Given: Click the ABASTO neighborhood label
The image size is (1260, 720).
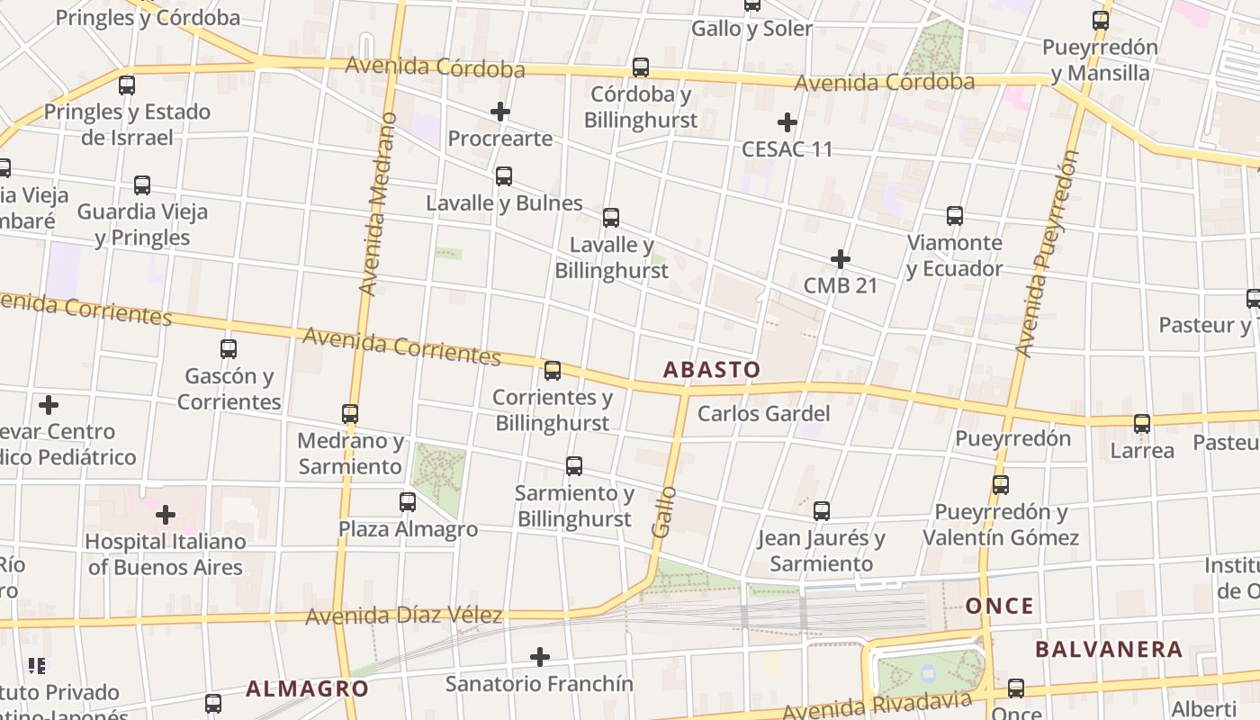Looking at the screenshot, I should tap(711, 370).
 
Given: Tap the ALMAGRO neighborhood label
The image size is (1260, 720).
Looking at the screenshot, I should tap(307, 689).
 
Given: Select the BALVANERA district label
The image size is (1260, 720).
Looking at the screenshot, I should tap(1108, 650).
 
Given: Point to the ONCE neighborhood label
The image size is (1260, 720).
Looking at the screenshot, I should tap(999, 606).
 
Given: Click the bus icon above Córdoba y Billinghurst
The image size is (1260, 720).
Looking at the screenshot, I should tap(641, 67).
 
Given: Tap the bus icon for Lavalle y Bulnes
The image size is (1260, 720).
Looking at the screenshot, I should tap(504, 176).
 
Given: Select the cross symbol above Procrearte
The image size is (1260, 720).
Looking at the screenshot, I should tap(500, 112).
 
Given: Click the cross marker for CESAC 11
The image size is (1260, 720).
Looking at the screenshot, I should tap(787, 122).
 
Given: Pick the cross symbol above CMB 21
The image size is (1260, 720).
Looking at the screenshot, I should tap(841, 259).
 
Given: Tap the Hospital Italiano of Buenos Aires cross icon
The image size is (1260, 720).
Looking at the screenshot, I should tap(166, 515).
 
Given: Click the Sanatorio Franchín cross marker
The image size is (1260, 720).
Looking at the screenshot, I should tap(540, 657).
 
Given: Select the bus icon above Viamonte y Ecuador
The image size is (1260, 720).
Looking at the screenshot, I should tap(955, 216).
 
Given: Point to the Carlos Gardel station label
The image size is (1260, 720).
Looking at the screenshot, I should tap(763, 414).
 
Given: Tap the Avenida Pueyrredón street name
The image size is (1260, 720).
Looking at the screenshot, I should tap(1044, 253).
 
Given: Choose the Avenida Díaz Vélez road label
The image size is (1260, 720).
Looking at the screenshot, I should tap(403, 616).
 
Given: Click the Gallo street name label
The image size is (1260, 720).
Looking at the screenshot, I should tap(663, 512).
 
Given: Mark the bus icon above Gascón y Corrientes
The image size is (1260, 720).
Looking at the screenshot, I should tap(229, 349).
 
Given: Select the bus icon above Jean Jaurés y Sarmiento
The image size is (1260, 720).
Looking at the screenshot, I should tap(822, 511).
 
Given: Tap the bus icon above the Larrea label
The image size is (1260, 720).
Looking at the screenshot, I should tap(1142, 423).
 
